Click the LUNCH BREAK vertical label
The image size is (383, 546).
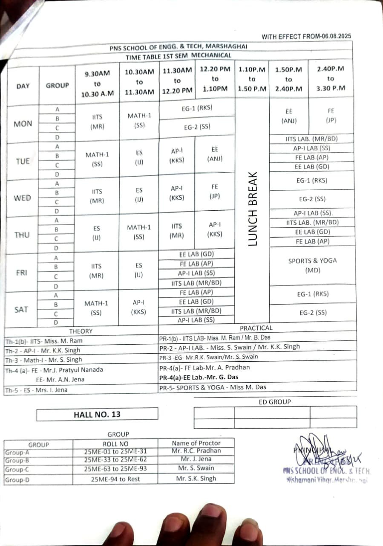(x=252, y=209)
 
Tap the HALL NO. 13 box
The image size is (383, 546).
(x=97, y=414)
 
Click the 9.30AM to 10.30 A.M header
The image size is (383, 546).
(x=97, y=84)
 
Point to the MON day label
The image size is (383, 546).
(x=23, y=124)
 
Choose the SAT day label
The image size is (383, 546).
(x=21, y=310)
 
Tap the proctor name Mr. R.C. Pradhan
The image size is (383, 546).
(x=196, y=451)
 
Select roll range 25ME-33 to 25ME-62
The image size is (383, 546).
(x=115, y=460)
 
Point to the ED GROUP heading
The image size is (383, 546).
(x=275, y=402)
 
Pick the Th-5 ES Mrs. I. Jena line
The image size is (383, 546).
(x=36, y=390)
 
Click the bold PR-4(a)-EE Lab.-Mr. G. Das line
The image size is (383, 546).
(x=199, y=377)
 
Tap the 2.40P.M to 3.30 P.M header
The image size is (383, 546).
(x=331, y=78)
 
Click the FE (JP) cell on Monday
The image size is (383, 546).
(x=331, y=116)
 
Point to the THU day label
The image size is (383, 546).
(x=22, y=235)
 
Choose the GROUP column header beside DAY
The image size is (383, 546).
(x=57, y=85)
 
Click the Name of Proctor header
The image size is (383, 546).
(x=196, y=443)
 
